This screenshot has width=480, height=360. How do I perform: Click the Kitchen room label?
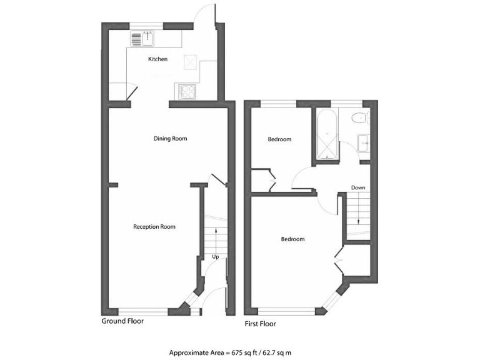click(157, 59)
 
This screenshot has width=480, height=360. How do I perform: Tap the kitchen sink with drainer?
click(142, 39)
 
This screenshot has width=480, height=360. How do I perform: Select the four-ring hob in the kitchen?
click(186, 92)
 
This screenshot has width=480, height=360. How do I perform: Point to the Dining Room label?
click(171, 138)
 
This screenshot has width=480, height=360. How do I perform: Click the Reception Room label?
click(154, 226)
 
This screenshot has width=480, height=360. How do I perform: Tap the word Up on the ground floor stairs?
click(215, 256)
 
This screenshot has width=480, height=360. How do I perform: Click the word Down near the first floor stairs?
click(358, 187)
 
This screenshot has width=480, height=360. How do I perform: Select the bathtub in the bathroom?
click(327, 134)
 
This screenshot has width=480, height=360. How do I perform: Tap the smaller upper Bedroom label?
click(279, 139)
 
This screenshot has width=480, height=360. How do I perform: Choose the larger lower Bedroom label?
click(292, 239)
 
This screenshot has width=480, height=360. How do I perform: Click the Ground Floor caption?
click(122, 321)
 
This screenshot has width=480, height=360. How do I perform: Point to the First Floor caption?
click(260, 324)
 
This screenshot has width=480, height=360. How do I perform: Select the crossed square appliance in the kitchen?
click(190, 62)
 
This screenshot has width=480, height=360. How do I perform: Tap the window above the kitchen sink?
click(147, 26)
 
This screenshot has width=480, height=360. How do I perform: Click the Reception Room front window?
click(142, 311)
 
